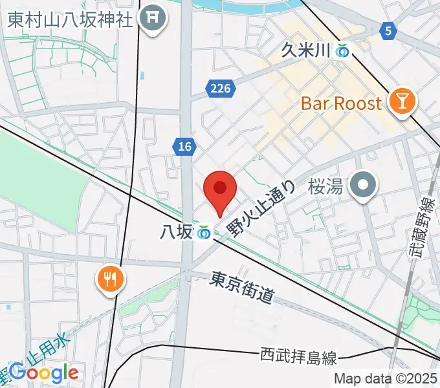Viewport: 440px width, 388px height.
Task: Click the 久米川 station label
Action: click(x=305, y=50)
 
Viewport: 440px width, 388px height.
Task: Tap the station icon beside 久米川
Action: click(x=342, y=50)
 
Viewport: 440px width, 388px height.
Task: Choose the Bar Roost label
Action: click(x=342, y=103)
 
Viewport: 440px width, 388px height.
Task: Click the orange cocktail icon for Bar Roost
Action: click(x=402, y=102)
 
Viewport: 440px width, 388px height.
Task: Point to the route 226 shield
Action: click(x=220, y=89)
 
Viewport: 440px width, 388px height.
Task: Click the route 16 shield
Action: click(x=185, y=147)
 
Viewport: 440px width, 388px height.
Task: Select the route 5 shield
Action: click(x=388, y=30)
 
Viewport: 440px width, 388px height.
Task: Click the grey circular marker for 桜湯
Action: click(x=363, y=186)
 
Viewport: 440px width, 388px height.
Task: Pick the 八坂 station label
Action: click(x=175, y=232)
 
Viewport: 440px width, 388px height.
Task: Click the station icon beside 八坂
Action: click(x=204, y=232)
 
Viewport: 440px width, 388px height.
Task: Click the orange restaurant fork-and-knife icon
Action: click(x=111, y=279)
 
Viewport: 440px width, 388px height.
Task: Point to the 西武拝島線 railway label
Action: click(x=299, y=355)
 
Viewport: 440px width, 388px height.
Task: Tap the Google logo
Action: click(x=44, y=372)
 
